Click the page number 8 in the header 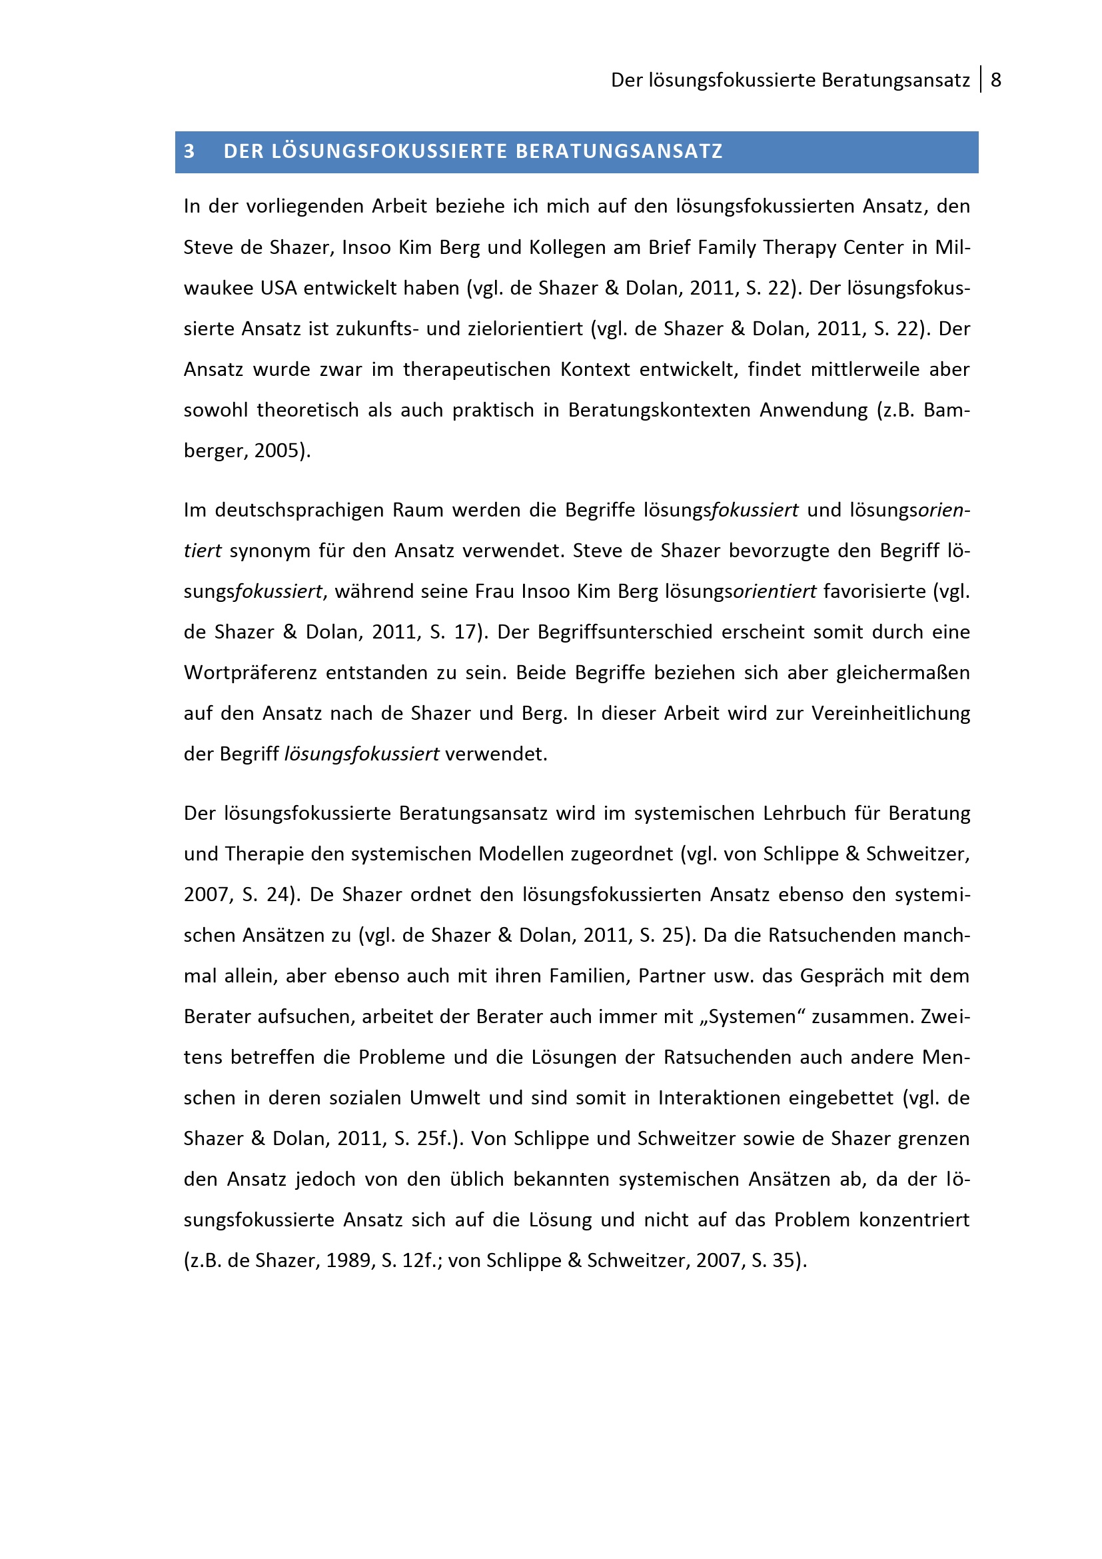(x=995, y=80)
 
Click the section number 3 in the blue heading (x=189, y=151)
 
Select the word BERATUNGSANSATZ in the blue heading (x=619, y=151)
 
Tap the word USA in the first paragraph (x=278, y=289)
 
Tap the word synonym (x=270, y=551)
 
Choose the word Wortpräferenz (x=251, y=673)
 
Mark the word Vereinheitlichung (x=891, y=714)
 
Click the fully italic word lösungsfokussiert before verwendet (x=362, y=755)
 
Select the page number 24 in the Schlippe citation (x=278, y=895)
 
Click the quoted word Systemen (x=751, y=1016)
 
